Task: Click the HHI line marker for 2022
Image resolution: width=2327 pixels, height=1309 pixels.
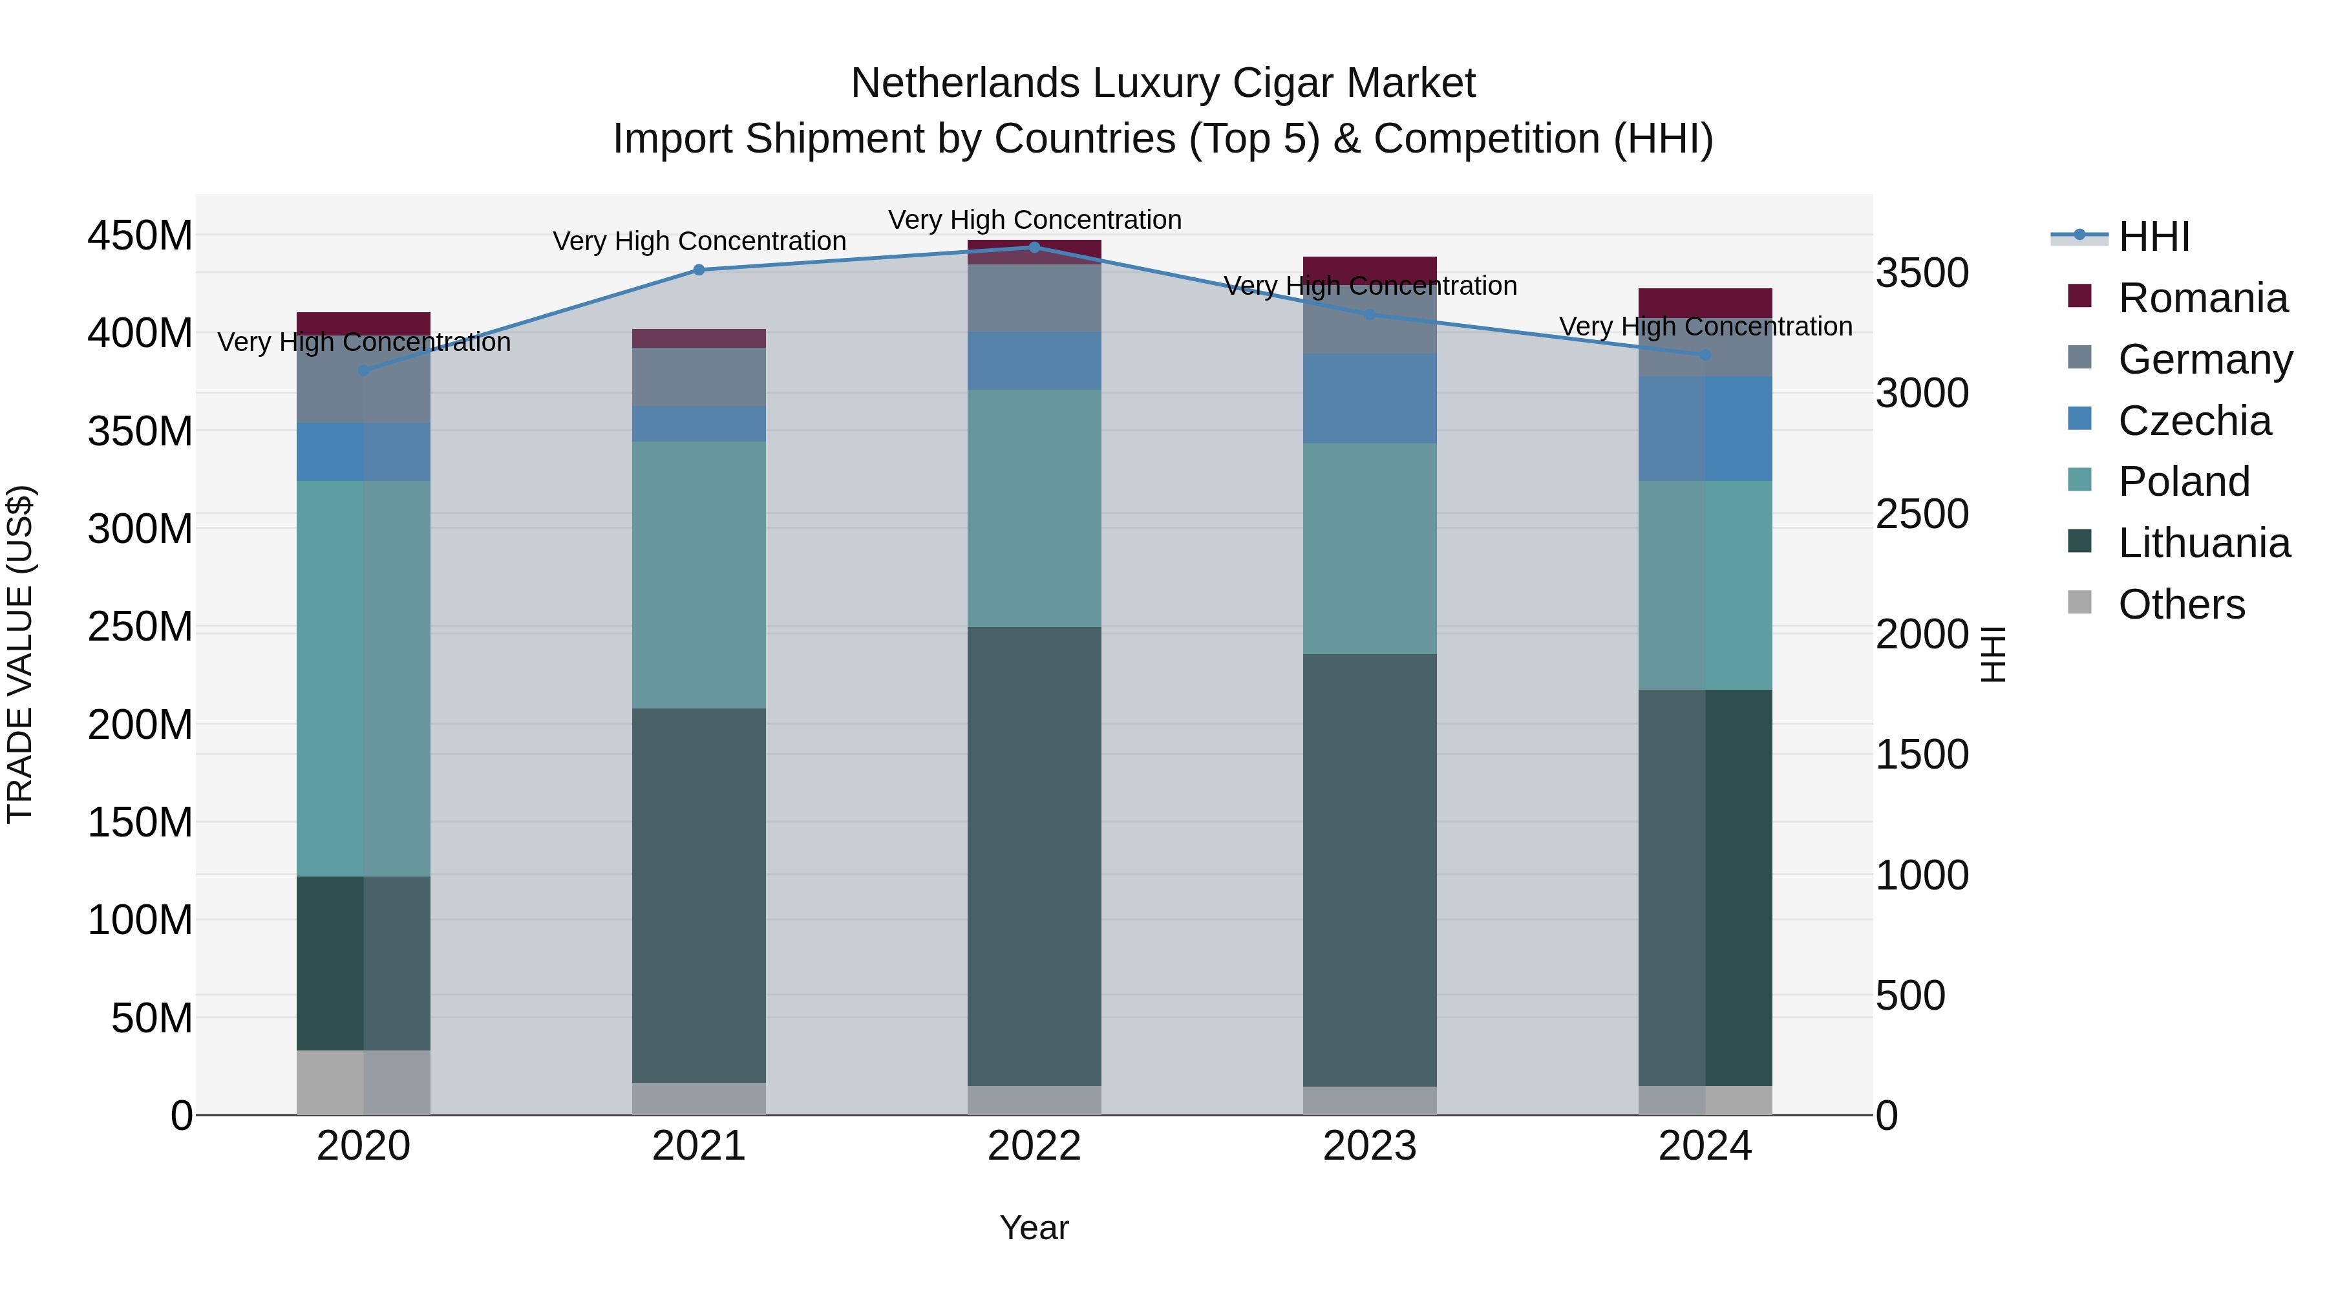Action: pyautogui.click(x=1034, y=247)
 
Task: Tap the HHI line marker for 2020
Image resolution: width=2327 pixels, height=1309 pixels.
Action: pyautogui.click(x=363, y=370)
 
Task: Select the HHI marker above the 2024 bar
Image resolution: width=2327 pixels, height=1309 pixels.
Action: pyautogui.click(x=1705, y=355)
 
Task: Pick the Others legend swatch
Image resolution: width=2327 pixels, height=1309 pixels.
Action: pyautogui.click(x=2079, y=602)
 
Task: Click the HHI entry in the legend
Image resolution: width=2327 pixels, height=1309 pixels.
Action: pyautogui.click(x=2154, y=237)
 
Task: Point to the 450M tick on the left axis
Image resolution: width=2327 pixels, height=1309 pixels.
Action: pyautogui.click(x=140, y=236)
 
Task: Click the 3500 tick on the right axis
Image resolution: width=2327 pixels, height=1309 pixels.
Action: pyautogui.click(x=1922, y=273)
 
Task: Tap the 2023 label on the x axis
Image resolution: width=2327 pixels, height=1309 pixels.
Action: pyautogui.click(x=1370, y=1146)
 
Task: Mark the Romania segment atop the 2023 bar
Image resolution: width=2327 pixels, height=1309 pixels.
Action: pyautogui.click(x=1370, y=268)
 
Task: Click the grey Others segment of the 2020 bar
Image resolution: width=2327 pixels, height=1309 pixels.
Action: pyautogui.click(x=363, y=1081)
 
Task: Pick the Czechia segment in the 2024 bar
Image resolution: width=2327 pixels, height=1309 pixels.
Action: pyautogui.click(x=1705, y=428)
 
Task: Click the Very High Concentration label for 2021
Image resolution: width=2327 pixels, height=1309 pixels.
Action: pyautogui.click(x=699, y=241)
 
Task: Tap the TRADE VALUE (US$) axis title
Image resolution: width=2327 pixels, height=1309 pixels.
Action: pyautogui.click(x=20, y=654)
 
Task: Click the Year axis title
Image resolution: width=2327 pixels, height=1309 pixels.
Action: pyautogui.click(x=1034, y=1228)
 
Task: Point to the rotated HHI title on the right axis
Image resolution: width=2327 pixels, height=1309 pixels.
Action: pyautogui.click(x=1993, y=654)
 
